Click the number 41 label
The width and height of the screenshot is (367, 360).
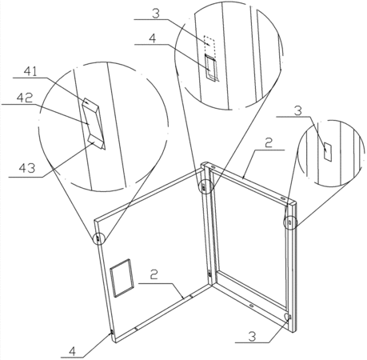coord(31,71)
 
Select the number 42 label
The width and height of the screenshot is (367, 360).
coord(25,98)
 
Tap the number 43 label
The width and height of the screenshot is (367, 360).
coord(27,168)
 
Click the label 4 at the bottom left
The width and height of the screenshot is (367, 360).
coord(72,351)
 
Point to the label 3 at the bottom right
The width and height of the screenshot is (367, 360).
coord(252,336)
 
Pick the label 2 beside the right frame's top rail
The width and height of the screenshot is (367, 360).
coord(269,143)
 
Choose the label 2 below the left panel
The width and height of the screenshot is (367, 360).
coord(154,274)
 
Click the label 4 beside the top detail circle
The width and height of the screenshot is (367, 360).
coord(153,38)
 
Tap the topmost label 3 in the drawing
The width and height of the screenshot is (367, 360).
coord(156,14)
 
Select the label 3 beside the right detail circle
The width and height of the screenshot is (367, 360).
coord(298,110)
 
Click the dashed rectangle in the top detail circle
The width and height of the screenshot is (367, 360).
coord(209,44)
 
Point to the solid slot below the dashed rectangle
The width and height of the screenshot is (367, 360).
coord(211,67)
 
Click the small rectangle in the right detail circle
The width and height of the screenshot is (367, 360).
coord(328,152)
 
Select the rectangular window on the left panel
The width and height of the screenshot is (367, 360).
coord(122,278)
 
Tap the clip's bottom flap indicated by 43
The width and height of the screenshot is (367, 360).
coord(96,142)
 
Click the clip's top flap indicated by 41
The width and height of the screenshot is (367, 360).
coord(90,103)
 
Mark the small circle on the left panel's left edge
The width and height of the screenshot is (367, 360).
coord(98,238)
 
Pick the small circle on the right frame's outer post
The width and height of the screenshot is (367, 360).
coord(289,222)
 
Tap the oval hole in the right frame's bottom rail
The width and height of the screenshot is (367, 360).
coord(251,305)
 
